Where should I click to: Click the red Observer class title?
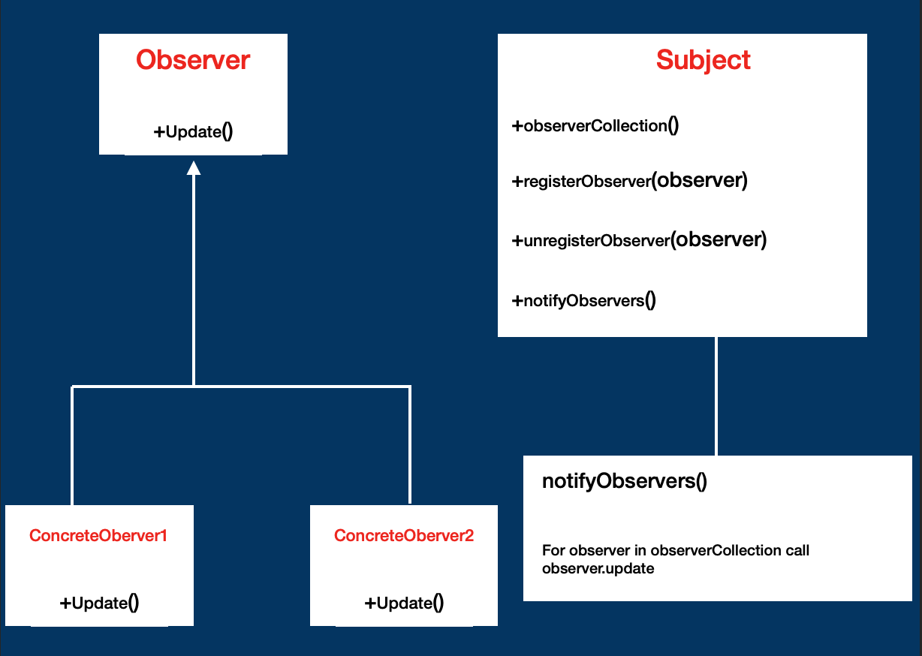click(x=193, y=60)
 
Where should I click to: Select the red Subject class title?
click(x=704, y=60)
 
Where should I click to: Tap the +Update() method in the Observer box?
click(x=193, y=131)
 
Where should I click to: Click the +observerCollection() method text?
click(x=595, y=125)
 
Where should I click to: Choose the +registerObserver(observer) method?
click(x=629, y=181)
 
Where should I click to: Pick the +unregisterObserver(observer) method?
click(x=639, y=240)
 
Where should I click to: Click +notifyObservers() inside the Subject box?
click(x=584, y=300)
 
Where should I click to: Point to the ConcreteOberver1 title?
click(x=98, y=536)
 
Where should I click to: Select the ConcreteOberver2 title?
click(x=404, y=536)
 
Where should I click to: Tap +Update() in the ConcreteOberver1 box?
click(x=99, y=603)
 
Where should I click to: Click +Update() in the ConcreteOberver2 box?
click(x=404, y=603)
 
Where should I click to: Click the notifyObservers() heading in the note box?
click(x=624, y=481)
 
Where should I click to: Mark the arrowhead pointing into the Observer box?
click(x=194, y=167)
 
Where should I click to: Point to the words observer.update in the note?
click(x=598, y=568)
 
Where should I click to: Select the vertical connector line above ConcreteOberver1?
click(x=72, y=447)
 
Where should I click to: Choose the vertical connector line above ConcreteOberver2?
click(x=410, y=447)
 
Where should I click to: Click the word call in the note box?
click(x=797, y=550)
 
